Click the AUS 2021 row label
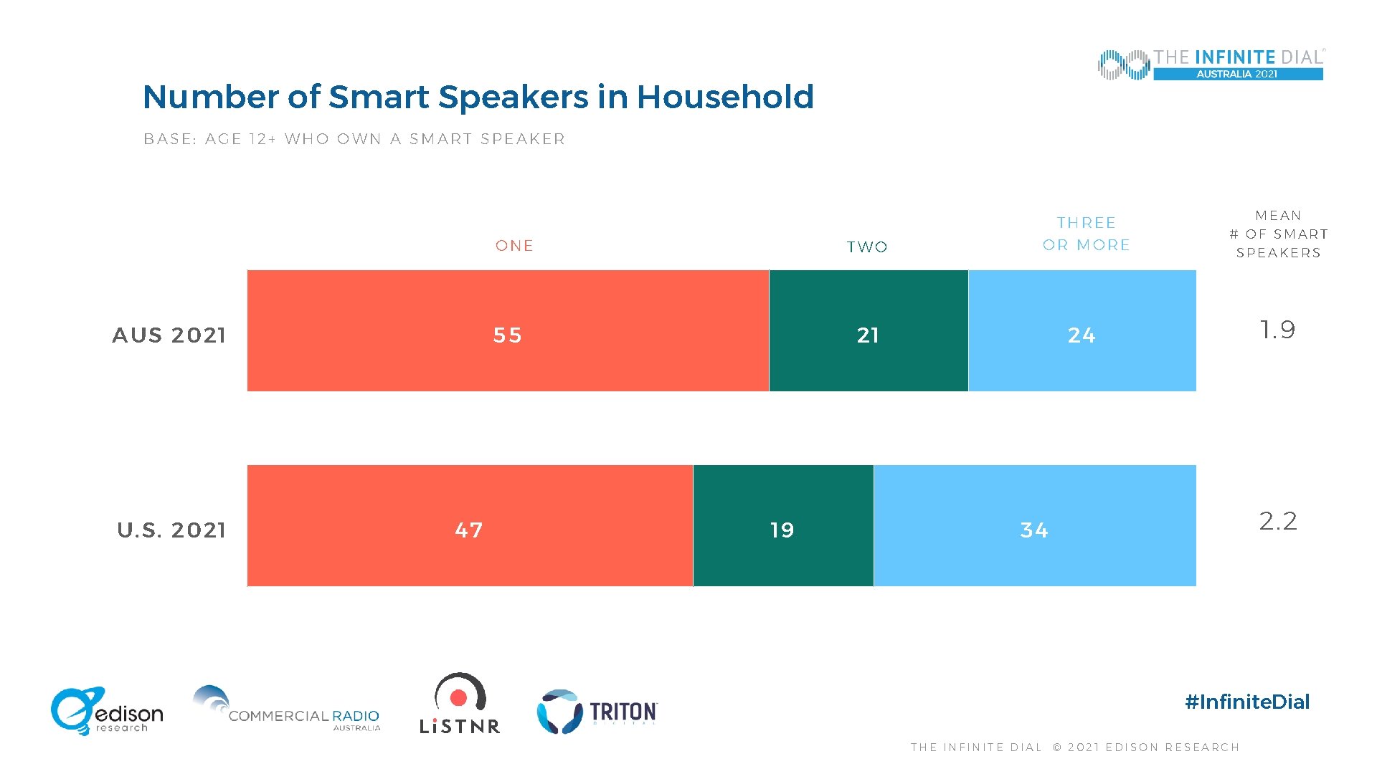tap(169, 335)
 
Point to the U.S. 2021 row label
tap(171, 530)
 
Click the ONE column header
tap(514, 246)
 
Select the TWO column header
tap(867, 247)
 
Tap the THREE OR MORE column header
tap(1086, 234)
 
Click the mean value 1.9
tap(1277, 330)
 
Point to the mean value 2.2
tap(1278, 521)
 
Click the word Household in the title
tap(725, 97)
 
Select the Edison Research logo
tap(107, 711)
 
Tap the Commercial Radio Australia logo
tap(286, 709)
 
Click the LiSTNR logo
tap(460, 704)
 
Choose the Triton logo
tap(597, 712)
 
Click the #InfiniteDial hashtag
tap(1247, 702)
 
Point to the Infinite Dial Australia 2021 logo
tap(1211, 64)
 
